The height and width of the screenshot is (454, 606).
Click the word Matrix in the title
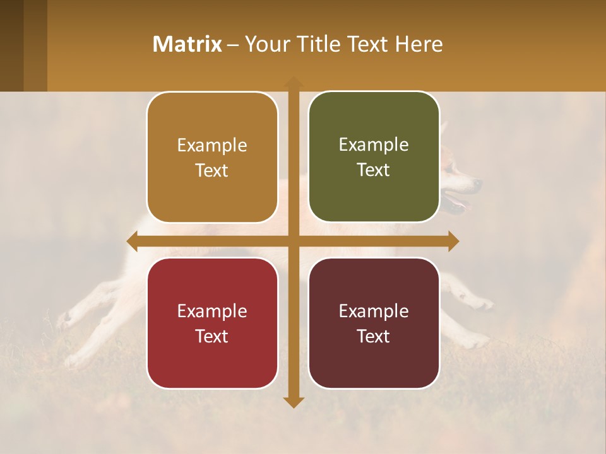point(187,44)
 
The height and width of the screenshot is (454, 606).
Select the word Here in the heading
point(419,44)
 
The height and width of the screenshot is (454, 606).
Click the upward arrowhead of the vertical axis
point(294,82)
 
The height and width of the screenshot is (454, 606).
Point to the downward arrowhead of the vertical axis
point(294,402)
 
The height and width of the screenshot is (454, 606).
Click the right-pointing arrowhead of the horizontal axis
point(453,242)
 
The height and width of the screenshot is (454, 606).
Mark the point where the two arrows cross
point(294,242)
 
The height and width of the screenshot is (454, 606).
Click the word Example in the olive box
point(374,145)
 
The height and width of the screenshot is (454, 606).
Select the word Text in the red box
point(212,336)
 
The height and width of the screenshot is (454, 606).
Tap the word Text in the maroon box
point(374,336)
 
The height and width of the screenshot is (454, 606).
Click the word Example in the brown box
point(212,146)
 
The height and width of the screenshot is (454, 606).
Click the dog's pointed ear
point(444,129)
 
